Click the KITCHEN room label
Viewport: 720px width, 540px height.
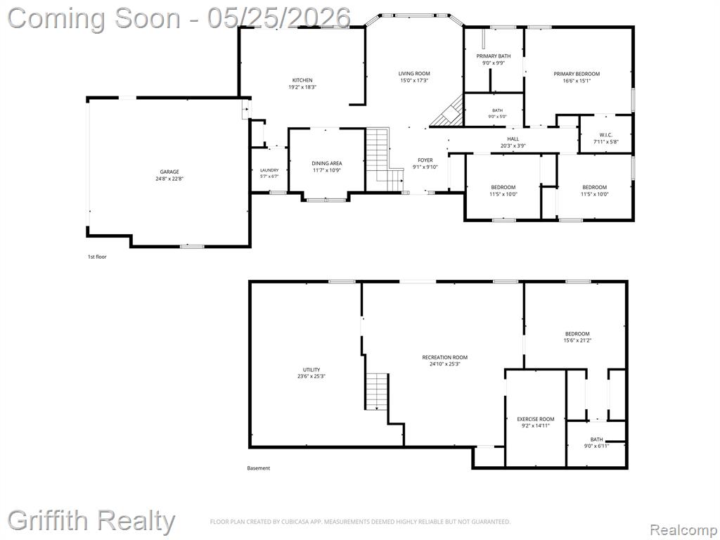click(x=302, y=80)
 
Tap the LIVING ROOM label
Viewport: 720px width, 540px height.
click(x=413, y=73)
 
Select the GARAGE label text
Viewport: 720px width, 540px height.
click(x=169, y=172)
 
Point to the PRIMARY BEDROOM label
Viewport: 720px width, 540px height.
click(x=577, y=74)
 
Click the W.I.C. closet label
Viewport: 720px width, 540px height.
click(x=605, y=135)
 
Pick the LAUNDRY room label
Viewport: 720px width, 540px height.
click(x=269, y=170)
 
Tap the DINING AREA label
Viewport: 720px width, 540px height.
click(x=326, y=163)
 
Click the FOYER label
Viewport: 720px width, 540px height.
click(x=425, y=160)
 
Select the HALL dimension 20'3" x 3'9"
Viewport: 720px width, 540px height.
click(x=513, y=146)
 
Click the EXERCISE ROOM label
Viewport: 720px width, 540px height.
click(x=535, y=419)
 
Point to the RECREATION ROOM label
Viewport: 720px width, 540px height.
click(x=445, y=357)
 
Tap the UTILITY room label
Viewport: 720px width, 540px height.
click(x=311, y=370)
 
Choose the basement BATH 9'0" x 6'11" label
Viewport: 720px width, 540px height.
click(x=596, y=443)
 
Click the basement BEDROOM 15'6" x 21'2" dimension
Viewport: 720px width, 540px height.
click(x=577, y=341)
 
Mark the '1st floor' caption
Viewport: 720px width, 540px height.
click(x=97, y=257)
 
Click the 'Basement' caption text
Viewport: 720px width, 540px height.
click(x=259, y=468)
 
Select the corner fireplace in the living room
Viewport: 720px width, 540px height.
click(x=449, y=112)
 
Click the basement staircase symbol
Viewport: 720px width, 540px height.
click(x=377, y=391)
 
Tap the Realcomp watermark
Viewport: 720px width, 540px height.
click(x=683, y=530)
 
